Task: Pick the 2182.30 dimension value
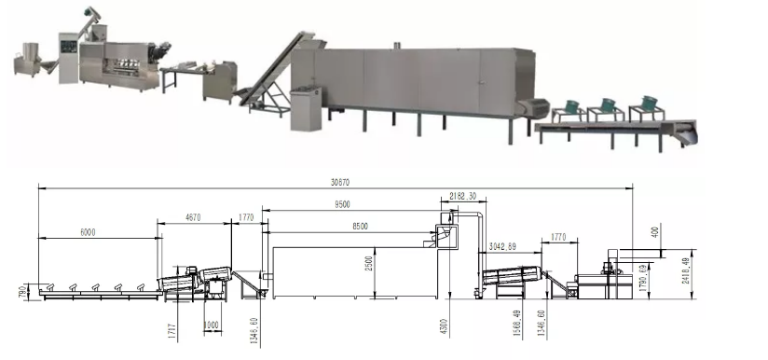click(462, 198)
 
